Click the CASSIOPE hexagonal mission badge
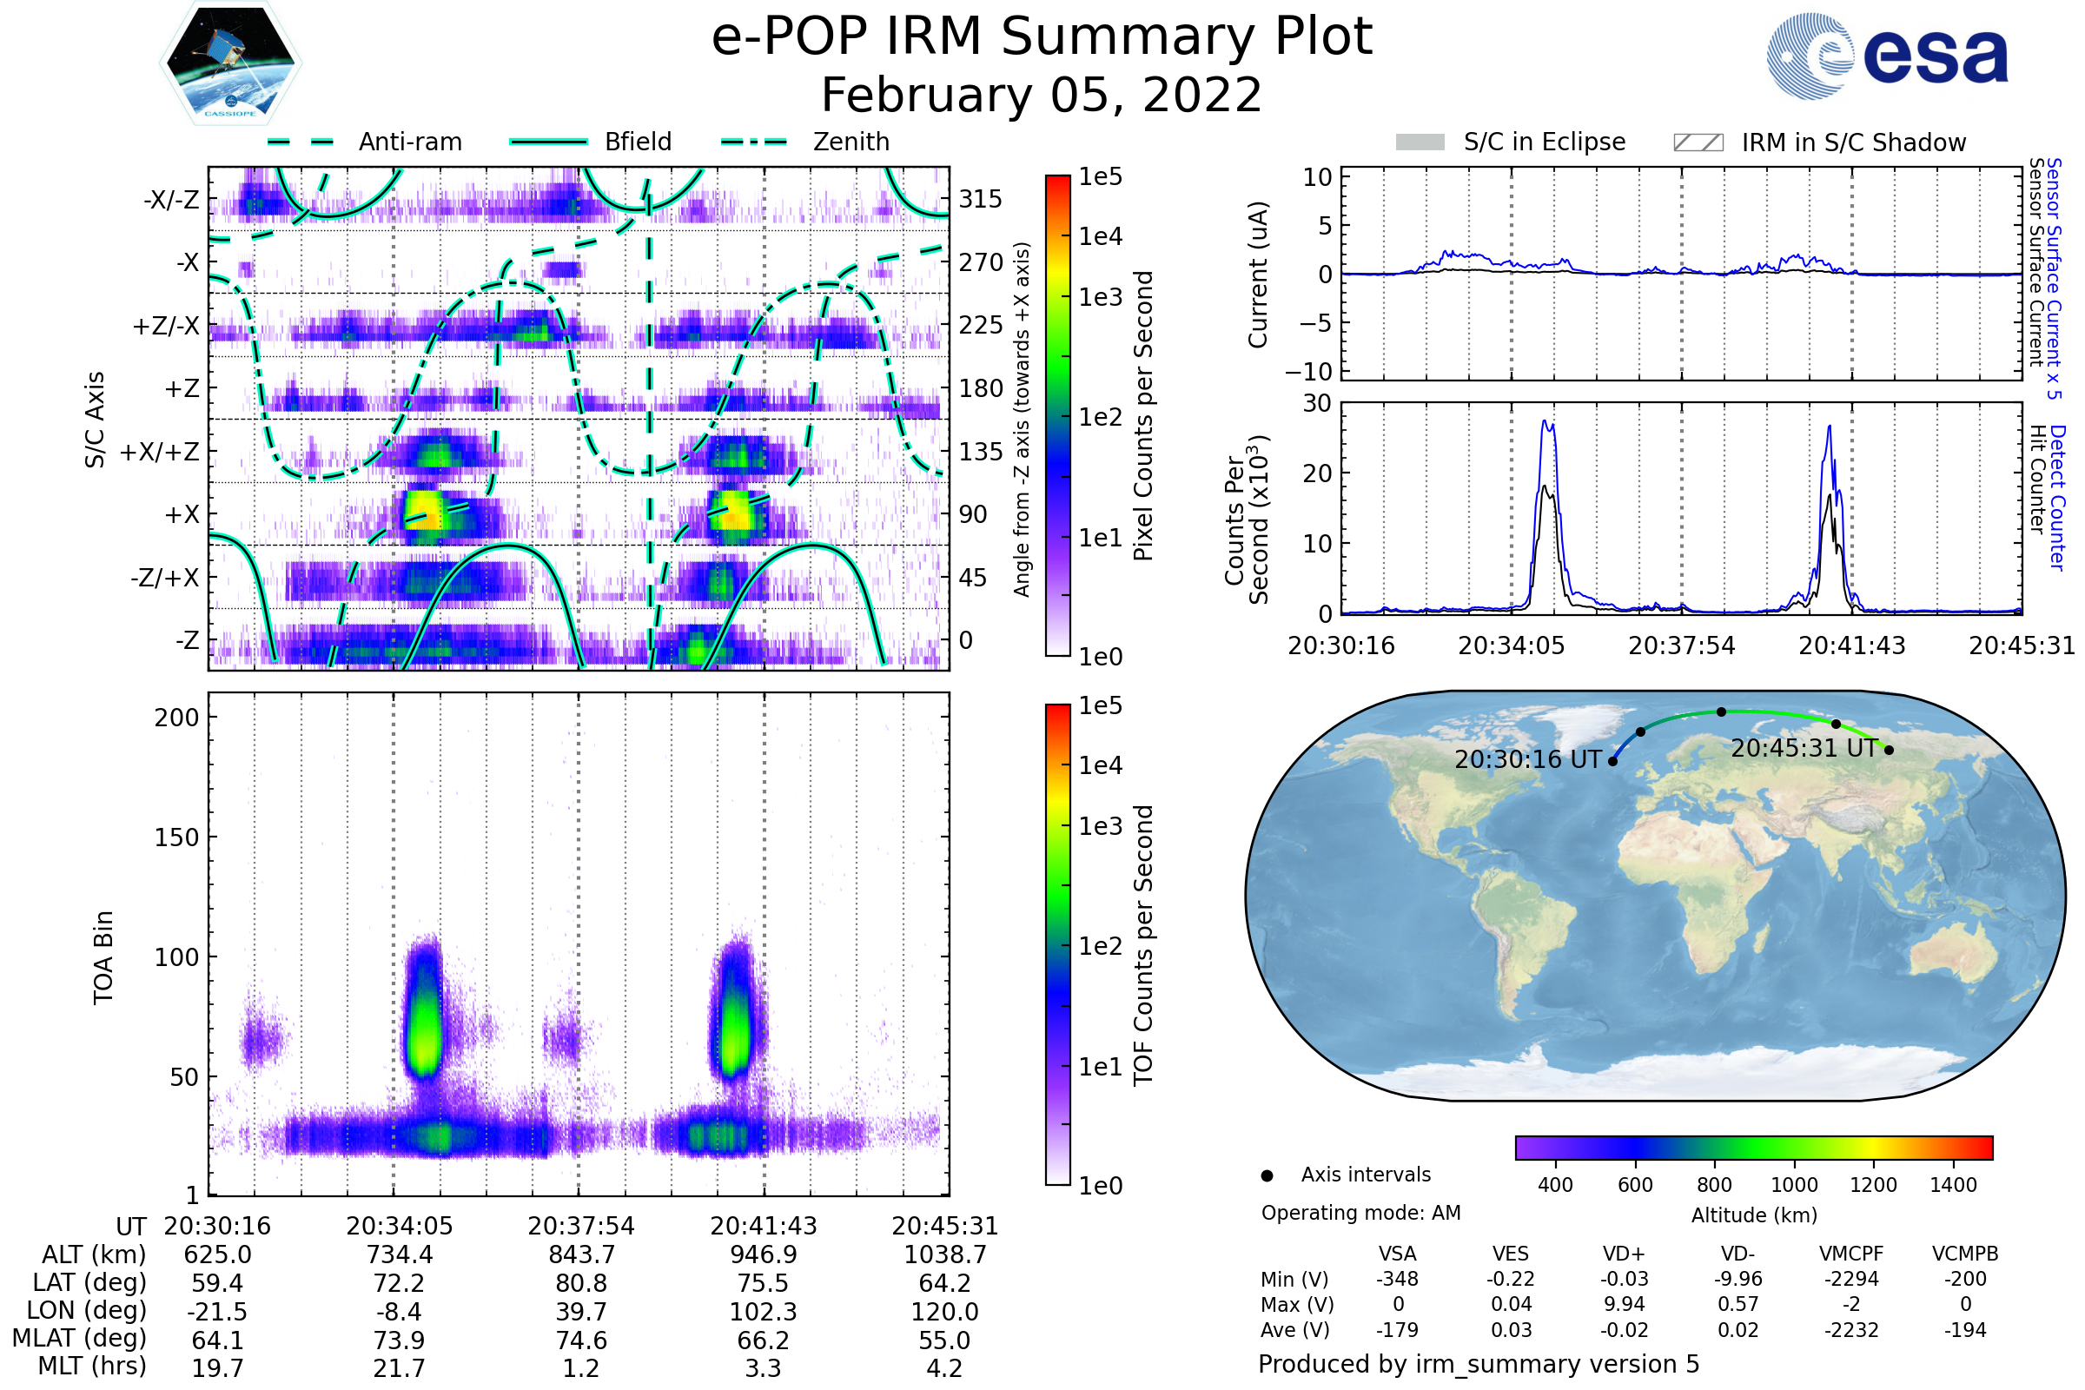coord(230,63)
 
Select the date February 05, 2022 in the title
coord(1041,95)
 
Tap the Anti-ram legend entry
coord(409,142)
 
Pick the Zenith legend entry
coord(851,142)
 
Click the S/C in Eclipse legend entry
coord(1544,142)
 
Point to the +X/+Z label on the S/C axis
coord(160,452)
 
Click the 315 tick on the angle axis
coord(980,199)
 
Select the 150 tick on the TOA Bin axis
coord(176,837)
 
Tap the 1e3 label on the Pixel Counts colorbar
coord(1100,297)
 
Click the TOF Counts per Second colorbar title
coord(1143,945)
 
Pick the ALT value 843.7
coord(580,1254)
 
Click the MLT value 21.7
coord(399,1367)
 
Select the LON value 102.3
coord(763,1311)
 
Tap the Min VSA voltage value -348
coord(1397,1278)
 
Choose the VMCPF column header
coord(1851,1254)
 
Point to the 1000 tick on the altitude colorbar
coord(1793,1184)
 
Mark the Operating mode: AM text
coord(1360,1212)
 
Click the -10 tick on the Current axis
coord(1309,371)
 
